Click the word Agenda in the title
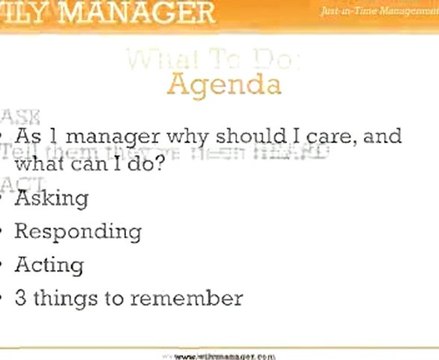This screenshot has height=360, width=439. pos(225,83)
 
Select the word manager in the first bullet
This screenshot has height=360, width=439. pos(109,135)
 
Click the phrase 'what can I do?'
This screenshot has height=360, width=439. pos(89,159)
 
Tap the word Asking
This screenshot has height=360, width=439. pos(52,197)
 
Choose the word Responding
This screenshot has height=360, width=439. pos(78,231)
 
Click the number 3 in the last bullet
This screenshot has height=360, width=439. pos(22,298)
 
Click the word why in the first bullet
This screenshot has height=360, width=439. pos(179,136)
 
